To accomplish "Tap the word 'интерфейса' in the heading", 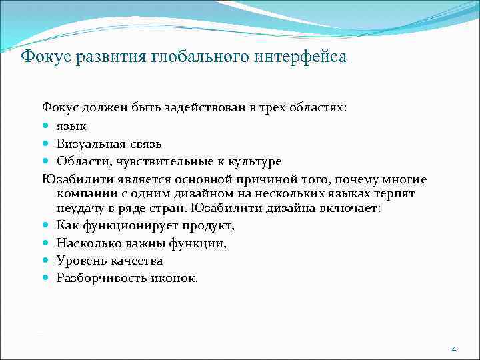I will [301, 56].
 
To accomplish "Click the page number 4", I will [454, 349].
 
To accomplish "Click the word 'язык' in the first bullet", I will [71, 126].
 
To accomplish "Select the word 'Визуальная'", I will [90, 143].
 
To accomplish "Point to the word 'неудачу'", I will [81, 209].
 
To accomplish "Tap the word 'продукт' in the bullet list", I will [207, 226].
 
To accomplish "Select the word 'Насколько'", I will [87, 243].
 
